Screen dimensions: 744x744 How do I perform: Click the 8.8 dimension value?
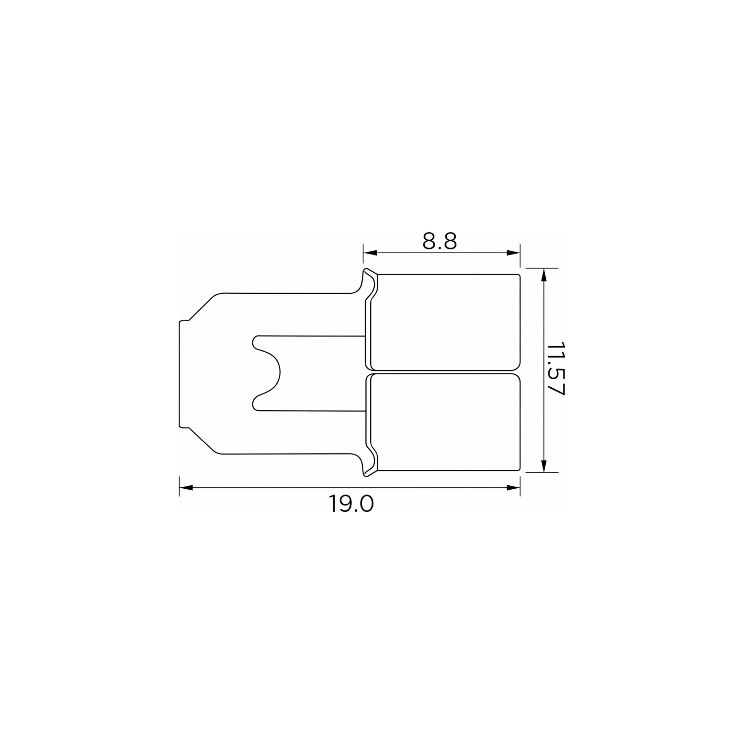(x=439, y=241)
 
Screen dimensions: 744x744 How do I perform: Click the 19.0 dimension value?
(x=351, y=504)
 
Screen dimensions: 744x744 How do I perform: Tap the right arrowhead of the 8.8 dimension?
(x=513, y=253)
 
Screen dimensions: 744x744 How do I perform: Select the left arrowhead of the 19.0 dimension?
(x=186, y=488)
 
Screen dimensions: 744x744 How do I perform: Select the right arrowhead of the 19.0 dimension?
(x=513, y=488)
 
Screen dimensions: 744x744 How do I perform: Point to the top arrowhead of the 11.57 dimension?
(x=544, y=275)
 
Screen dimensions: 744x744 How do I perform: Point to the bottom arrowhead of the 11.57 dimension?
(x=544, y=465)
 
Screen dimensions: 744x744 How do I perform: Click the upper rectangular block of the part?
(x=445, y=322)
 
